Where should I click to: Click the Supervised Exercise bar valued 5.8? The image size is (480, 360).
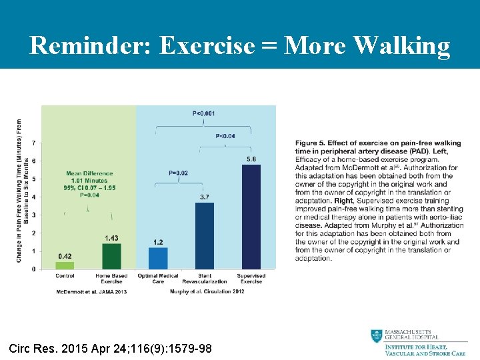click(251, 217)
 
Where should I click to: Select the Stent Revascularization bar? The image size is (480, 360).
click(205, 236)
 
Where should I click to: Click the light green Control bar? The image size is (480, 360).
click(65, 265)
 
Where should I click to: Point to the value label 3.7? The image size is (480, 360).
click(205, 197)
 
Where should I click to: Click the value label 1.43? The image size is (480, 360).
click(111, 238)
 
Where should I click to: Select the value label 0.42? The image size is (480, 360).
click(65, 256)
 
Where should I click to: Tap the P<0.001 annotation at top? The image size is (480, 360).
click(204, 113)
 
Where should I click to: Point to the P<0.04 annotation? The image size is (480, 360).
click(226, 135)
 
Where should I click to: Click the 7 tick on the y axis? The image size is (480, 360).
click(35, 143)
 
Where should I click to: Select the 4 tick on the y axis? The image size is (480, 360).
click(35, 197)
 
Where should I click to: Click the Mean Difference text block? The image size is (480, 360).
click(90, 185)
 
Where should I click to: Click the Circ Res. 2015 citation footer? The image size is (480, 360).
click(111, 347)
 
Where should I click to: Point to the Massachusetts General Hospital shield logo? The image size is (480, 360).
click(377, 337)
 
